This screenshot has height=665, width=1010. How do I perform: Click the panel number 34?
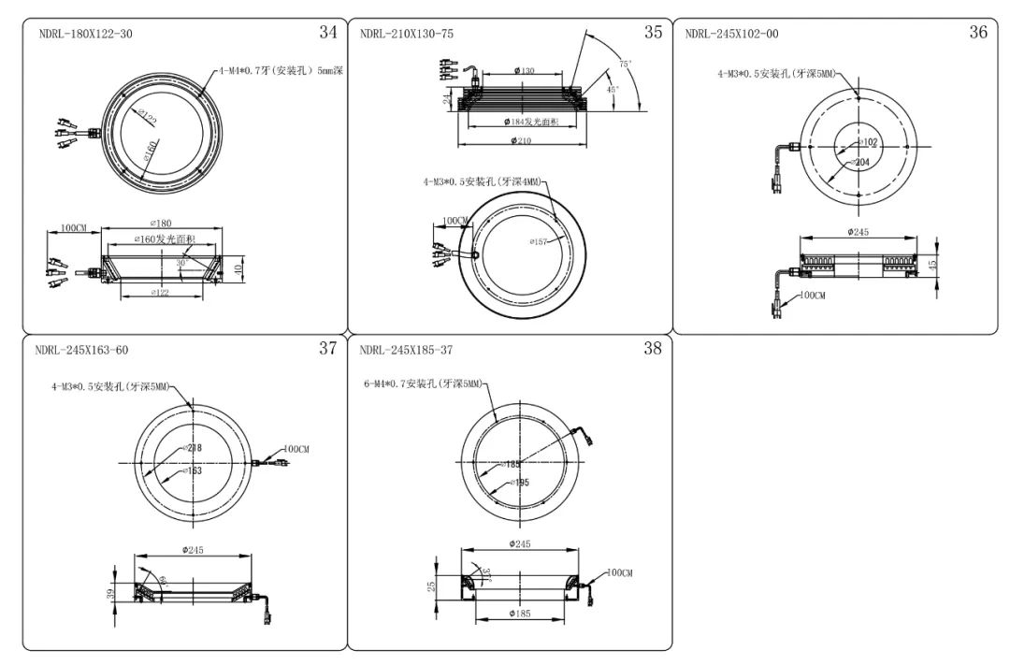pos(327,33)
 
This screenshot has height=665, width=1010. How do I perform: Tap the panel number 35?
pos(653,33)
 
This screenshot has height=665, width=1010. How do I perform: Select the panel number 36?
pos(977,33)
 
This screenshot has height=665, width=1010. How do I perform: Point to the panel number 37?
pos(327,349)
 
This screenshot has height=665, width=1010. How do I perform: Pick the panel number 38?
pos(653,349)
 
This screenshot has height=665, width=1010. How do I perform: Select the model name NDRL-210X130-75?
pos(407,35)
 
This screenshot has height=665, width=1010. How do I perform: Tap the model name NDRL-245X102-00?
pos(731,35)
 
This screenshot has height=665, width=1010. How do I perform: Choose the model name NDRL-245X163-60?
pos(81,351)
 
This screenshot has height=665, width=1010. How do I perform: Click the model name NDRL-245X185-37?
pos(407,351)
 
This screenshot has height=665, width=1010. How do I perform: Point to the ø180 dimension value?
pos(161,224)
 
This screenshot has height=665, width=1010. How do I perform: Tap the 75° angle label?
pos(625,64)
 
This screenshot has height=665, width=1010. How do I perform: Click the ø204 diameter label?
pos(860,162)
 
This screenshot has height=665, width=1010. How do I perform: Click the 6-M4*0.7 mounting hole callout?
pos(423,384)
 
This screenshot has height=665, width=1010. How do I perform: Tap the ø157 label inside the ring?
pos(538,242)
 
